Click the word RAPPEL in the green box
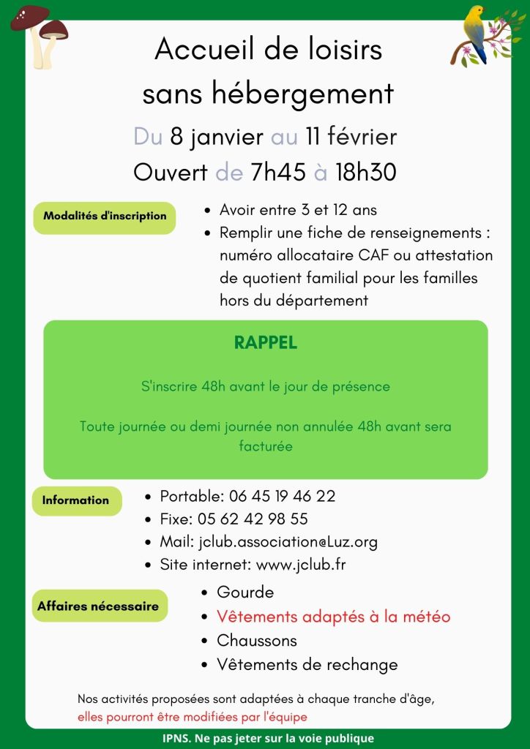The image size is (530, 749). tap(265, 343)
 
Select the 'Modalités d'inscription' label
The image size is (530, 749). tap(105, 217)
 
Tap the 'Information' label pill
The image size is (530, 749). tap(75, 501)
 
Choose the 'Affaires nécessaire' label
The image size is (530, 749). tap(98, 606)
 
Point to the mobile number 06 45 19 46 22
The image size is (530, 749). tap(283, 496)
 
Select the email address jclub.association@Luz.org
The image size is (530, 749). tap(288, 542)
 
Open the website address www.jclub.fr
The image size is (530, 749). tap(301, 565)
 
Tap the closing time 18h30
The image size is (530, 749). tap(365, 173)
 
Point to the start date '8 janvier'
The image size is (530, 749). tap(216, 137)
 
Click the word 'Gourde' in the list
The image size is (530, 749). tap(245, 592)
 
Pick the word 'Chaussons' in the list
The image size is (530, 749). tap(257, 641)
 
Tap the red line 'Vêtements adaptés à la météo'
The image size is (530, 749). tap(333, 617)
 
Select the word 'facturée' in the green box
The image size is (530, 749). tap(265, 445)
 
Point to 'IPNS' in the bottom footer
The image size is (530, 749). tap(176, 738)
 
